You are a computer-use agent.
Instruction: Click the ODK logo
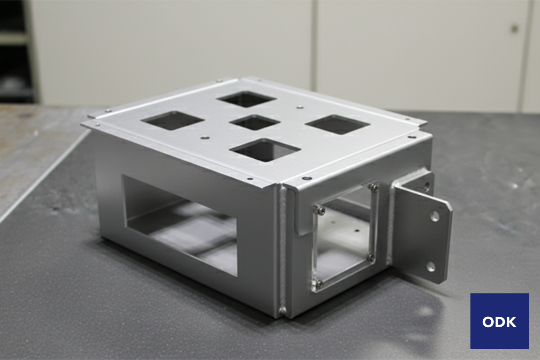click(x=499, y=321)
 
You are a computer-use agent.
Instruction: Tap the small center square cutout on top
click(x=255, y=123)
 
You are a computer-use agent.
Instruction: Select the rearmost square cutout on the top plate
click(x=246, y=99)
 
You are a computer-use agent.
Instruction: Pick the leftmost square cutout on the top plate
click(x=173, y=121)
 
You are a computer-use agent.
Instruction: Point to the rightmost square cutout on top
click(x=337, y=125)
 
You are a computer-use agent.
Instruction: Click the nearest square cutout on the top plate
click(x=265, y=150)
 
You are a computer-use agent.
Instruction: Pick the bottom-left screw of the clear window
click(x=319, y=283)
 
